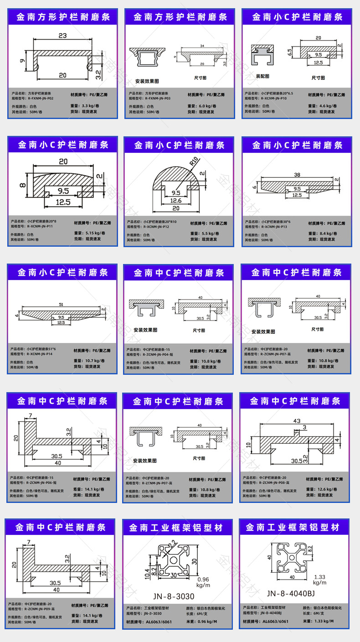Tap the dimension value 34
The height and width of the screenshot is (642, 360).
tap(201, 46)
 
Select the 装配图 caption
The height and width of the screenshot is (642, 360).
tap(262, 76)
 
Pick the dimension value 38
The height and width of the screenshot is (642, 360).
tap(297, 175)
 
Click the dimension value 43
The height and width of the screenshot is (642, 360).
tap(296, 420)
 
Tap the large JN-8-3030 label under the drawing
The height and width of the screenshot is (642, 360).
tap(173, 596)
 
